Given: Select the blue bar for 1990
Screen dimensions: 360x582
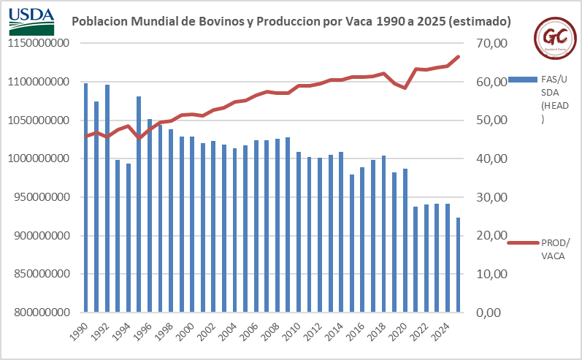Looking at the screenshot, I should (x=85, y=198).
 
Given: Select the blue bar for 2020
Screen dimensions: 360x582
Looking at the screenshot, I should (x=405, y=241).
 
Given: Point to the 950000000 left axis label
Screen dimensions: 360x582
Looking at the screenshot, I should (x=44, y=197).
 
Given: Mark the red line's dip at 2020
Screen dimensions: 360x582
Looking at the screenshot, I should (x=405, y=88).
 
